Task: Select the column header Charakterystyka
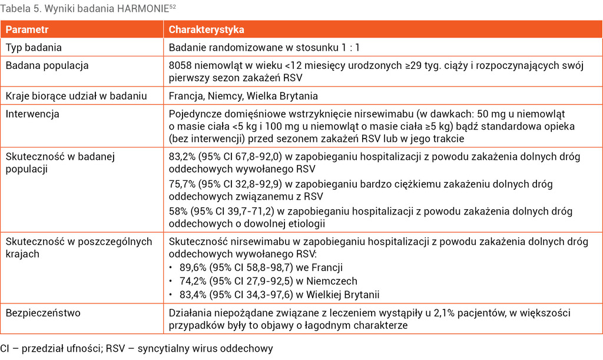[x=207, y=29]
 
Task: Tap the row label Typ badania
[x=34, y=47]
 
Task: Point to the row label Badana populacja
[x=47, y=65]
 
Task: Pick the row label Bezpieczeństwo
[x=43, y=313]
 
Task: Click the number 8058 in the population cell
[x=181, y=65]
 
